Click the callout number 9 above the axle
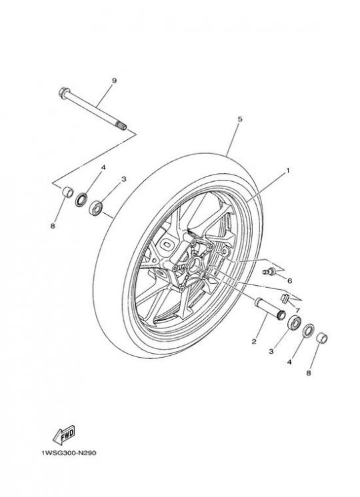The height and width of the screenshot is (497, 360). pyautogui.click(x=114, y=81)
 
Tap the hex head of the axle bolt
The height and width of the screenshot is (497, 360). pyautogui.click(x=63, y=93)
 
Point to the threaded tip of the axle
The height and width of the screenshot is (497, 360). pyautogui.click(x=122, y=125)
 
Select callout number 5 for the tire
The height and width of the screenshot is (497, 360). pyautogui.click(x=240, y=119)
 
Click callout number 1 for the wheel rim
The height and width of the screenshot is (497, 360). pyautogui.click(x=288, y=171)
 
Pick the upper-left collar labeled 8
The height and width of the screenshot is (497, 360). pyautogui.click(x=67, y=192)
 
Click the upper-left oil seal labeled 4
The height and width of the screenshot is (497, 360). pyautogui.click(x=81, y=200)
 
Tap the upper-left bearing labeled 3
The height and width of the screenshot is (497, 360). pyautogui.click(x=95, y=208)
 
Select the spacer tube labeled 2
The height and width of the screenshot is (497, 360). pyautogui.click(x=270, y=308)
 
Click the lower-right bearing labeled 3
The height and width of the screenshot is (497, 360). pyautogui.click(x=295, y=322)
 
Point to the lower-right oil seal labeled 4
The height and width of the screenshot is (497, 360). pyautogui.click(x=308, y=330)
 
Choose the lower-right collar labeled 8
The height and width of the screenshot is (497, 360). pyautogui.click(x=322, y=338)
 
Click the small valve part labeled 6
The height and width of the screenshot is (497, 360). pyautogui.click(x=269, y=271)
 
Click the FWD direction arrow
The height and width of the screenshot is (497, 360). pyautogui.click(x=64, y=435)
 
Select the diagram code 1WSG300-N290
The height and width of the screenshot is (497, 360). pyautogui.click(x=69, y=453)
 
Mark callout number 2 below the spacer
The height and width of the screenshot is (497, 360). pyautogui.click(x=254, y=342)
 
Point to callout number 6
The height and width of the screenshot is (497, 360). pyautogui.click(x=289, y=281)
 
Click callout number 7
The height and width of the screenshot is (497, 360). pyautogui.click(x=297, y=310)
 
